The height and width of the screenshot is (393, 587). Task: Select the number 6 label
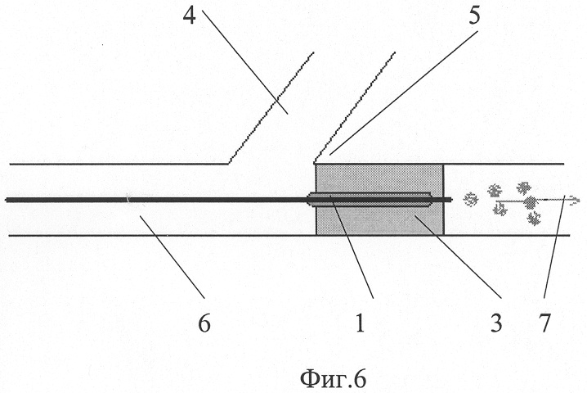(x=204, y=323)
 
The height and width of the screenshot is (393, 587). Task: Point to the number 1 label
(x=360, y=323)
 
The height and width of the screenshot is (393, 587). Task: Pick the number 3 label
(x=496, y=323)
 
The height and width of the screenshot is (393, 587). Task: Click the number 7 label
(x=544, y=323)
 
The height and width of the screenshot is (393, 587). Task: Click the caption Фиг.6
(x=333, y=379)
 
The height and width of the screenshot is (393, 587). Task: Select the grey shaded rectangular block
(x=379, y=199)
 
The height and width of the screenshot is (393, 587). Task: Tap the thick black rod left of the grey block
(x=156, y=201)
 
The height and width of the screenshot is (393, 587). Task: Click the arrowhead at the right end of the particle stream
(x=574, y=200)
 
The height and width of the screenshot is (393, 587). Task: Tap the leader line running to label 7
(x=553, y=246)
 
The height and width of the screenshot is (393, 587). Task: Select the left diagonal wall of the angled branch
(x=271, y=108)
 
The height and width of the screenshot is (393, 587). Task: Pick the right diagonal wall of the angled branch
(x=355, y=107)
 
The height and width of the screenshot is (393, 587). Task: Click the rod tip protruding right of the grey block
(x=448, y=200)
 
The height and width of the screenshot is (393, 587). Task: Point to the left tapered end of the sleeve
(x=310, y=200)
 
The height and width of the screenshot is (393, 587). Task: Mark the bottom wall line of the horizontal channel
(x=289, y=236)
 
